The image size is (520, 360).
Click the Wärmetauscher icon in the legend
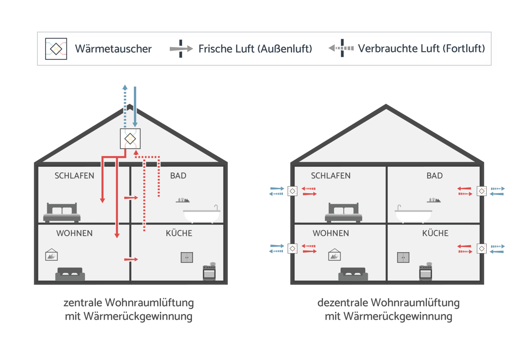(x=56, y=49)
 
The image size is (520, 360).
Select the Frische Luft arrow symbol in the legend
(x=181, y=49)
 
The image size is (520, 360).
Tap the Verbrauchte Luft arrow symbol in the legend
(x=341, y=48)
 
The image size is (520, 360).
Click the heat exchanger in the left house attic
(x=130, y=139)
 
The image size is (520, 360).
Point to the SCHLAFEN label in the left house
(x=74, y=176)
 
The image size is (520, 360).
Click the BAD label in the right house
(x=435, y=176)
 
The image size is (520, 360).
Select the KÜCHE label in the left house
(x=179, y=233)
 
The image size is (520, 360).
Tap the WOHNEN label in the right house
(x=331, y=233)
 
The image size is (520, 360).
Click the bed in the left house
(x=62, y=213)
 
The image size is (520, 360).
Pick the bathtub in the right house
(x=413, y=214)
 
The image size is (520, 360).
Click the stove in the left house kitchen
(x=209, y=271)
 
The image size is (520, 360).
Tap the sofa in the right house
(x=353, y=274)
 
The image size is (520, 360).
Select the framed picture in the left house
(x=52, y=255)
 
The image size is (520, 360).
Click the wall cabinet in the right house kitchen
(x=403, y=257)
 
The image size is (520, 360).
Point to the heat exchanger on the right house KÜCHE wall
(x=482, y=249)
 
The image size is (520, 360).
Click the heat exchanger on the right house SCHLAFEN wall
(x=292, y=191)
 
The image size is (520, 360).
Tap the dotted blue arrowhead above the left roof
(x=125, y=87)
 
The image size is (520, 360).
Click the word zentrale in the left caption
(x=82, y=303)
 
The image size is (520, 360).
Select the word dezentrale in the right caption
(x=342, y=303)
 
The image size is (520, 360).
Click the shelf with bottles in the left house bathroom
(x=183, y=200)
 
